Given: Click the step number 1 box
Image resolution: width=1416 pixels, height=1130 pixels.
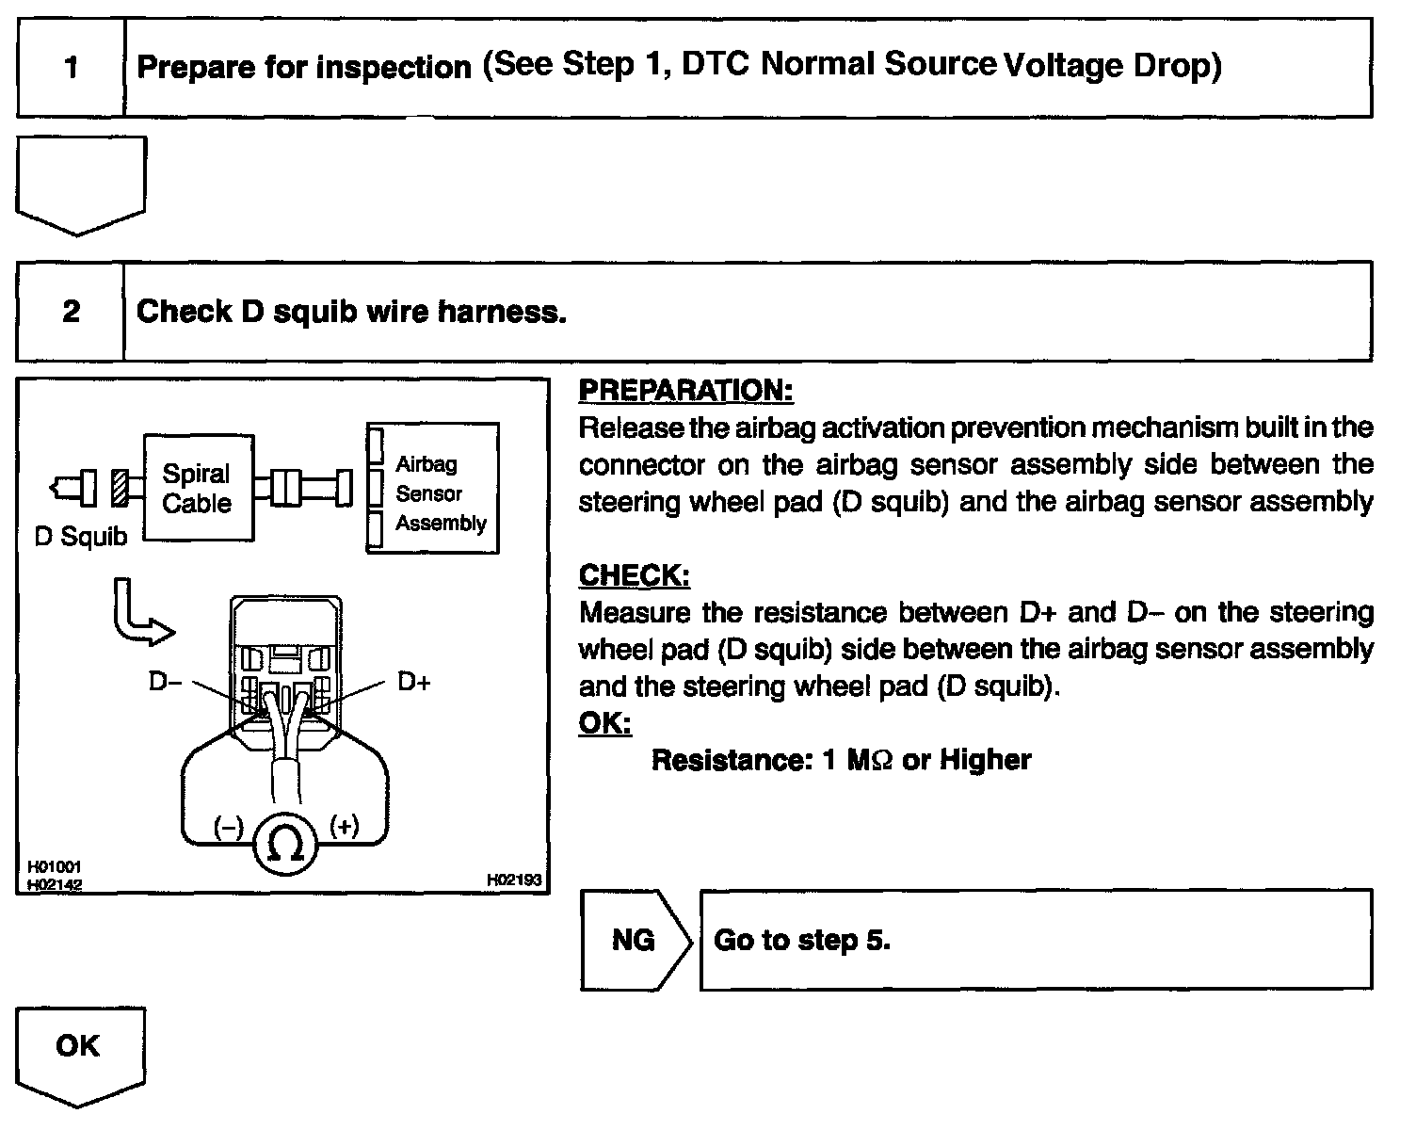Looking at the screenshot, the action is pyautogui.click(x=71, y=68).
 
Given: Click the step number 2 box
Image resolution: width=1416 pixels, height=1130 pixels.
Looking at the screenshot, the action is pyautogui.click(x=71, y=312).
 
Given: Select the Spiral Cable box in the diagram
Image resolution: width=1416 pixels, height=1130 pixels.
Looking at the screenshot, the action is pyautogui.click(x=198, y=488).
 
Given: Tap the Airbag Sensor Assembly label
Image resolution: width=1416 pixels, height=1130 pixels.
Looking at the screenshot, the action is pyautogui.click(x=440, y=493).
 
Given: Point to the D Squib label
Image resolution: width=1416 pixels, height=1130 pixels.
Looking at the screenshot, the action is pyautogui.click(x=80, y=537).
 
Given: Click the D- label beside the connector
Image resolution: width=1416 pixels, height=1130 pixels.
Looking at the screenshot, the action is pyautogui.click(x=165, y=681).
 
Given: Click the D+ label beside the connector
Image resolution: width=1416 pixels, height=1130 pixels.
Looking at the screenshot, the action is pyautogui.click(x=413, y=681).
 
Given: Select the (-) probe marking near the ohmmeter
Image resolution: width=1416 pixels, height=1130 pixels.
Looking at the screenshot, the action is pyautogui.click(x=229, y=828).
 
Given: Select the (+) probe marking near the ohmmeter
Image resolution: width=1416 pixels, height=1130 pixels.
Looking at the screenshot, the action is pyautogui.click(x=345, y=827).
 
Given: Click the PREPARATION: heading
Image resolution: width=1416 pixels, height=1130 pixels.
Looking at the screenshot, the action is pyautogui.click(x=685, y=390).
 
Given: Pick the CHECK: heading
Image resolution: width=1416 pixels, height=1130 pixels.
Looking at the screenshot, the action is pyautogui.click(x=634, y=574).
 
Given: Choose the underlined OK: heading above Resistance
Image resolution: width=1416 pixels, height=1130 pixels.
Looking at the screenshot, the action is pyautogui.click(x=604, y=722).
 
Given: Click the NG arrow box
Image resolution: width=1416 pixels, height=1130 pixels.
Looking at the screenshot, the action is pyautogui.click(x=634, y=940).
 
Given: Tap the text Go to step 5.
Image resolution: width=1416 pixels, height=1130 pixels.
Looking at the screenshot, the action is pyautogui.click(x=802, y=940).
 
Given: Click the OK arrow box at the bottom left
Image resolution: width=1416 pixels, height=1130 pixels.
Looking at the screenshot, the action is pyautogui.click(x=79, y=1047).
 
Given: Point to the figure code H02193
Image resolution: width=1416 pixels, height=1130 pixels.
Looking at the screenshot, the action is pyautogui.click(x=514, y=880).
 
